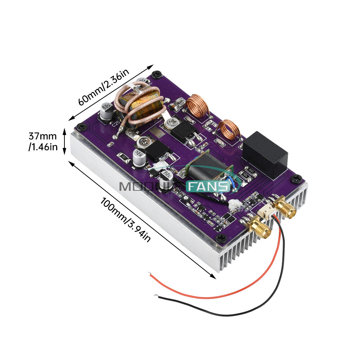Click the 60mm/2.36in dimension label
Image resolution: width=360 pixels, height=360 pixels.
103,89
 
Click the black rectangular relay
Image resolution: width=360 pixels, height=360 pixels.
265,154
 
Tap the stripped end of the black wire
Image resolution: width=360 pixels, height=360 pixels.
156,296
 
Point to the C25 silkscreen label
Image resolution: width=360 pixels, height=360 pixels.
116,124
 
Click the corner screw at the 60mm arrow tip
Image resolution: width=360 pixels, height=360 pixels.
156,75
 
